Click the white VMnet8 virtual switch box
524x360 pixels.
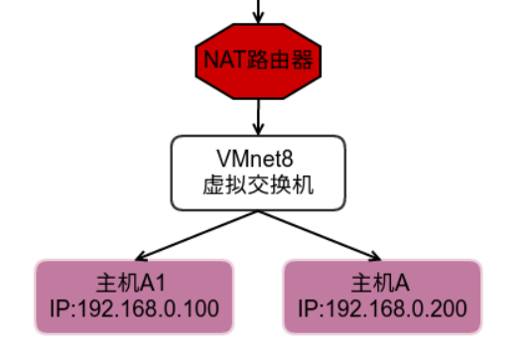(258, 173)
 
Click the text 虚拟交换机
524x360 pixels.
(258, 184)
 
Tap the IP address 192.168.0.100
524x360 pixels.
(149, 307)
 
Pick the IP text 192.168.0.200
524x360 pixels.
(397, 307)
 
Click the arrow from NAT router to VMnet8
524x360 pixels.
(259, 115)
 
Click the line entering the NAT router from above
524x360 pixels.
(259, 8)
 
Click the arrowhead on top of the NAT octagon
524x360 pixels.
(259, 20)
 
